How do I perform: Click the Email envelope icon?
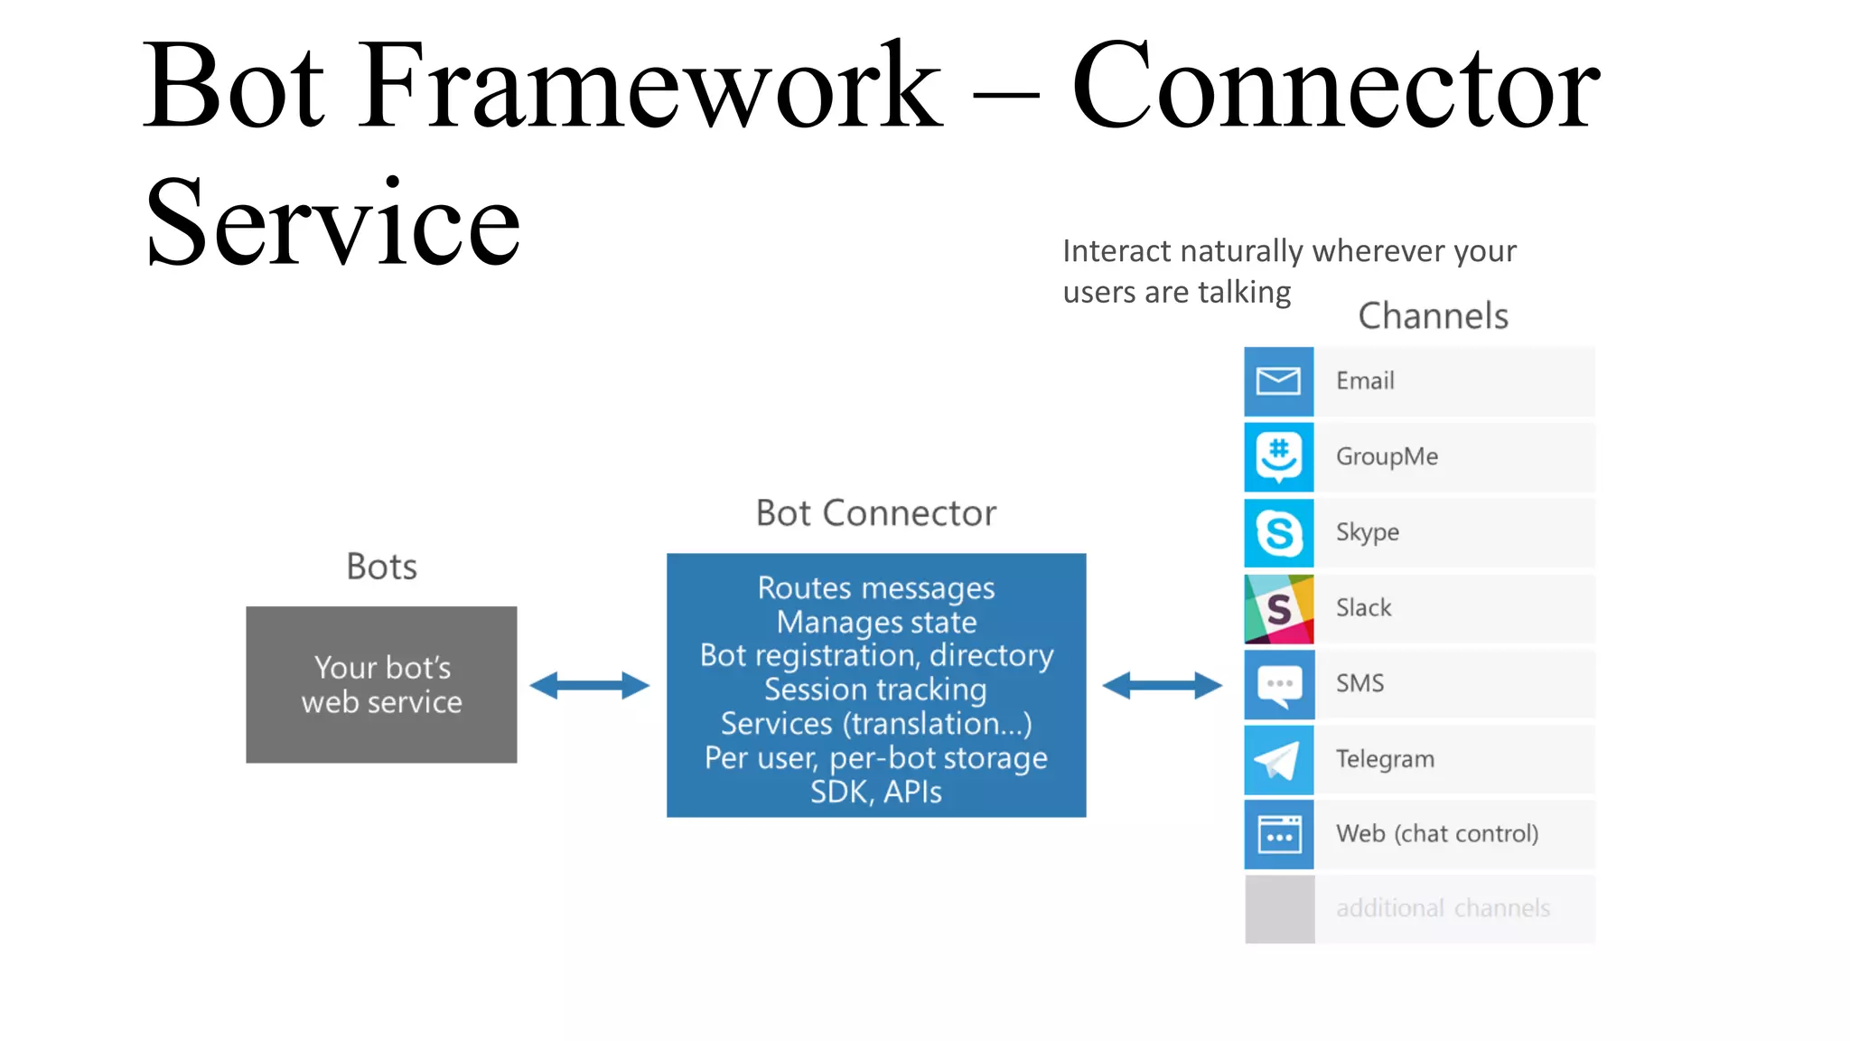[1278, 381]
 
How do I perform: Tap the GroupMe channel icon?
[1278, 457]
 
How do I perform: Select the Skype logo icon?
[1278, 533]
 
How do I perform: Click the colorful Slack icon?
[1278, 609]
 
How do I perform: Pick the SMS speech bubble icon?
[1278, 684]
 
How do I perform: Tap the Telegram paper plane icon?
[1278, 760]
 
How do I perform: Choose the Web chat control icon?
[1278, 835]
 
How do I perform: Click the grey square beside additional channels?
[1278, 909]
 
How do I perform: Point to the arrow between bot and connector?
[589, 685]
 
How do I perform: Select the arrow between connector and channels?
[1163, 685]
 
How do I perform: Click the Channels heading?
[1433, 316]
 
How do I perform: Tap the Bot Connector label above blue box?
[875, 513]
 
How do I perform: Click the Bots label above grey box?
[381, 567]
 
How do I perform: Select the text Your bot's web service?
[381, 685]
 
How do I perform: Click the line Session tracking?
[875, 689]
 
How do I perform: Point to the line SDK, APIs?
[875, 792]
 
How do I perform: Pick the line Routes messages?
[875, 588]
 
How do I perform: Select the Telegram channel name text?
[1385, 759]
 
